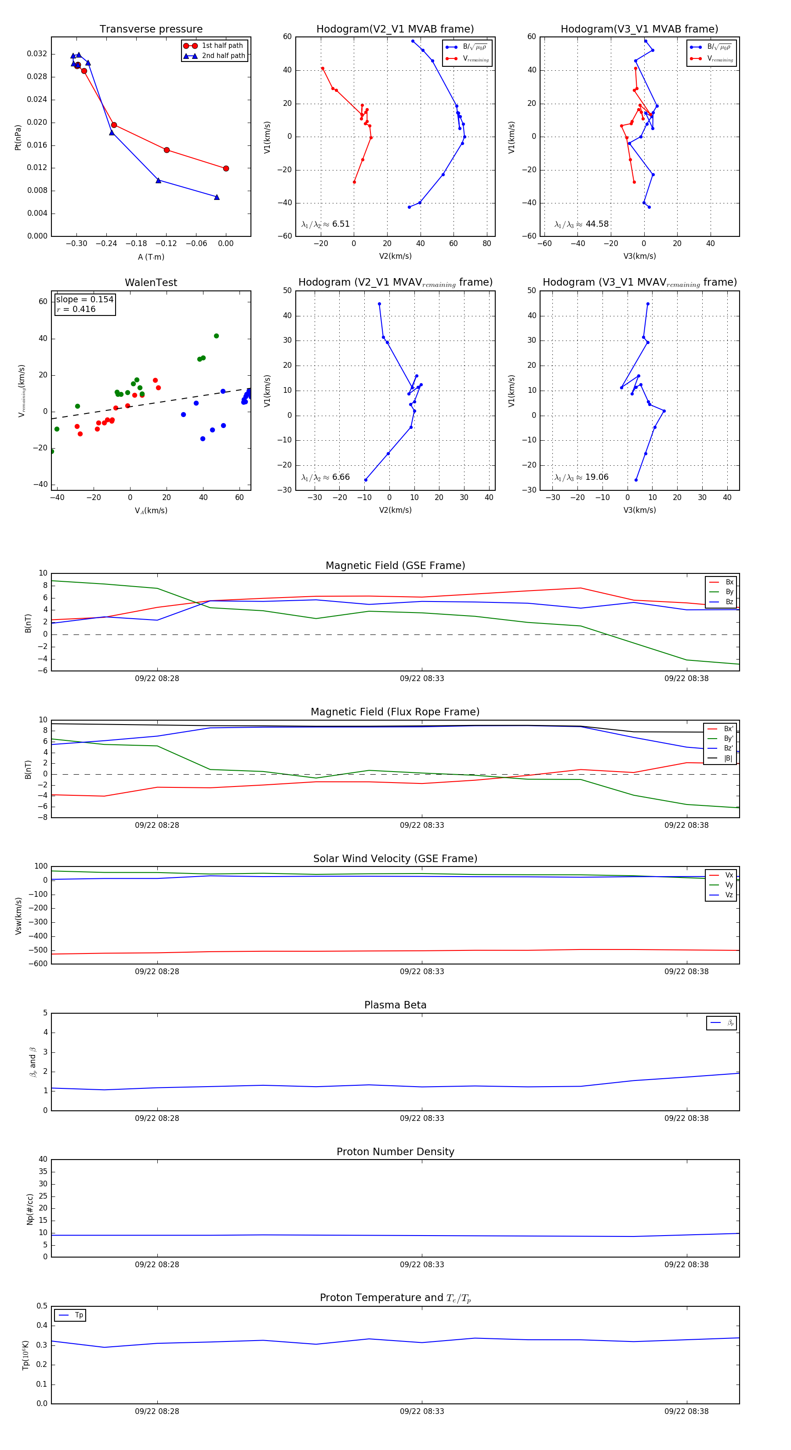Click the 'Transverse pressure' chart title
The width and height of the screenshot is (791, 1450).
coord(151,29)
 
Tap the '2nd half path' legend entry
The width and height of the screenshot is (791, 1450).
coord(223,56)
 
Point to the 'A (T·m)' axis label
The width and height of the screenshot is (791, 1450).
coord(151,257)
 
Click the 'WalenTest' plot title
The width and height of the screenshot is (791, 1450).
coord(151,283)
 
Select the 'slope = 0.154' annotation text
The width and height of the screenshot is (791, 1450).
coord(84,300)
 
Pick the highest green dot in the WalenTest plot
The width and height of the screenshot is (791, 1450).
coord(216,336)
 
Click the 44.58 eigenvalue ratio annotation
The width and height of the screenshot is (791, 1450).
coord(597,224)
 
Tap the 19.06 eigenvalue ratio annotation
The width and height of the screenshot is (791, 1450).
coord(596,477)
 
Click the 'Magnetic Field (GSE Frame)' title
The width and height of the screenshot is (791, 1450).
coord(395,565)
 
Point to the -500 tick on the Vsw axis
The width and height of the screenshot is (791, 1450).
coord(39,950)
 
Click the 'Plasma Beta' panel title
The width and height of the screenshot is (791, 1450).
coord(395,1005)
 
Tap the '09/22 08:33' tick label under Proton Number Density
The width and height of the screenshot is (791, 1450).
coord(422,1265)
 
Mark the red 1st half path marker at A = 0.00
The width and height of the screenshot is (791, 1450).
coord(226,168)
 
